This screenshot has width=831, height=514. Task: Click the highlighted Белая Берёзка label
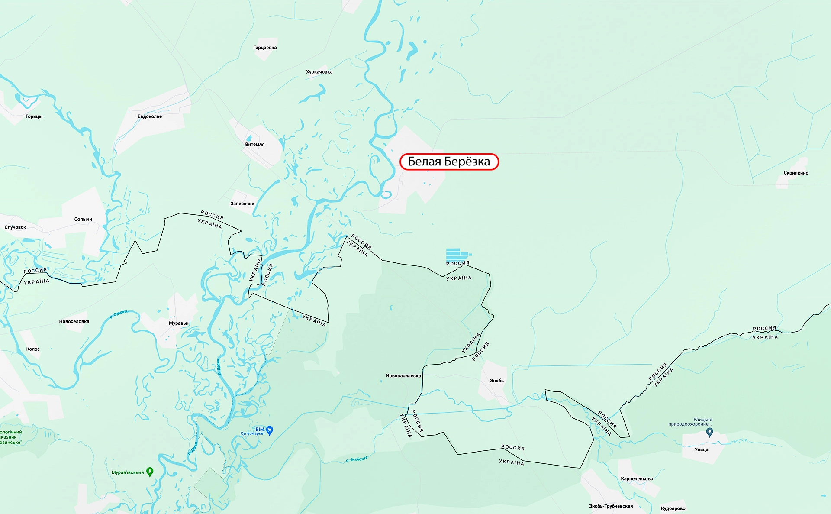click(449, 162)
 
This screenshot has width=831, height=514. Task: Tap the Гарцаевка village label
click(265, 48)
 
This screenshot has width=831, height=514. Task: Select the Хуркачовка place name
click(319, 72)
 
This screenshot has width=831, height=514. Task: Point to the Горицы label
click(34, 116)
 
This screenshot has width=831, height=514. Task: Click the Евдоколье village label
click(150, 116)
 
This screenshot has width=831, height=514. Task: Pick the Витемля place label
click(254, 145)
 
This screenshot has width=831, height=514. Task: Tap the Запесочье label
click(242, 204)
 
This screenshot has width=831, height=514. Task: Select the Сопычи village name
click(83, 219)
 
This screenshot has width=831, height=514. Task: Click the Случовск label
click(15, 227)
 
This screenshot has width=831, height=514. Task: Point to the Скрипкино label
click(796, 173)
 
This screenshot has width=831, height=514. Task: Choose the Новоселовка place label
click(74, 321)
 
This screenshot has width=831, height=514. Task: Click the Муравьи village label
click(178, 323)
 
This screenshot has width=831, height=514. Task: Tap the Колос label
click(33, 349)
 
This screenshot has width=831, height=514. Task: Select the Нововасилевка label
click(403, 376)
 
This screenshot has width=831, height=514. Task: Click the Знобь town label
click(496, 381)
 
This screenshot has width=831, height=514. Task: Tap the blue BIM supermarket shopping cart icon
click(270, 430)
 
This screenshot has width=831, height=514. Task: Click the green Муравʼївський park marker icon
click(150, 472)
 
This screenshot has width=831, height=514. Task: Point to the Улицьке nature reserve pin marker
click(709, 432)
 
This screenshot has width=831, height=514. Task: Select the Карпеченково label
click(637, 478)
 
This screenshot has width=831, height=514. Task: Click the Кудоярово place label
click(673, 508)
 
